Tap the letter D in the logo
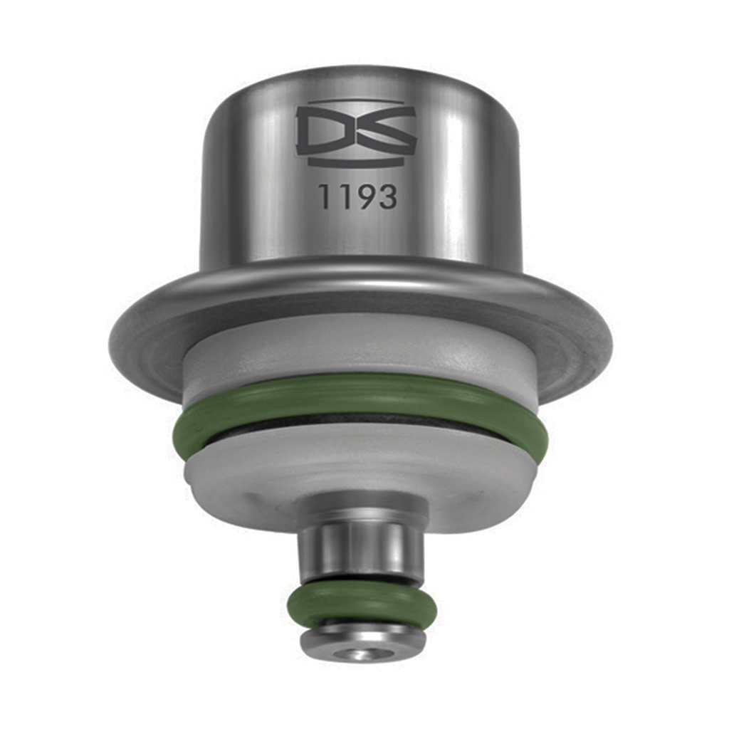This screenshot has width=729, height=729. point(325,132)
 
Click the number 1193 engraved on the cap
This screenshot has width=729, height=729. point(358,196)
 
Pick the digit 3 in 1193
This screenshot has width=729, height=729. point(387,196)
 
